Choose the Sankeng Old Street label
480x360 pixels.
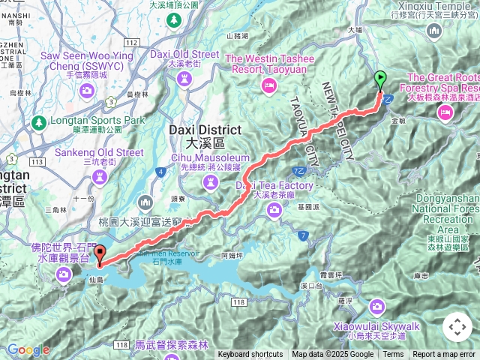[99, 152]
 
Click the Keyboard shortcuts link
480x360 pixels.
[250, 355]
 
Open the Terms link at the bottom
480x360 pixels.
[393, 355]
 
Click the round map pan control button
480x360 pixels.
[457, 327]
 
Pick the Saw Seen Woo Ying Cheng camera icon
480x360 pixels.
[87, 91]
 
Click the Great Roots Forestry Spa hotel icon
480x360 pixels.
[445, 111]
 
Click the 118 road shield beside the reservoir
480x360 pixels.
[238, 301]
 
